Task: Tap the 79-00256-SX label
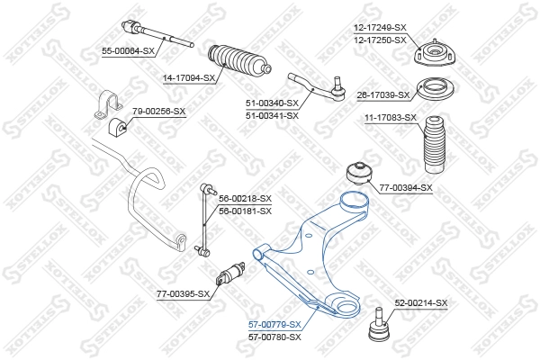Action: coord(158,111)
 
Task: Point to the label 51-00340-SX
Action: coord(272,103)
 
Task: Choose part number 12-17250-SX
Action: coord(379,41)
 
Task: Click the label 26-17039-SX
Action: coord(382,94)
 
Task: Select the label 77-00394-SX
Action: coord(406,187)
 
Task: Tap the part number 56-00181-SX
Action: coord(244,211)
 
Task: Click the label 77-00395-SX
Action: coord(183,293)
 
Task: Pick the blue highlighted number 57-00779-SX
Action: coord(274,324)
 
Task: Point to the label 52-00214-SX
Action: coord(420,303)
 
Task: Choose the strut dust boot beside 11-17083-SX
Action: coord(431,148)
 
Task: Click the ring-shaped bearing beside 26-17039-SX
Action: coord(433,92)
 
